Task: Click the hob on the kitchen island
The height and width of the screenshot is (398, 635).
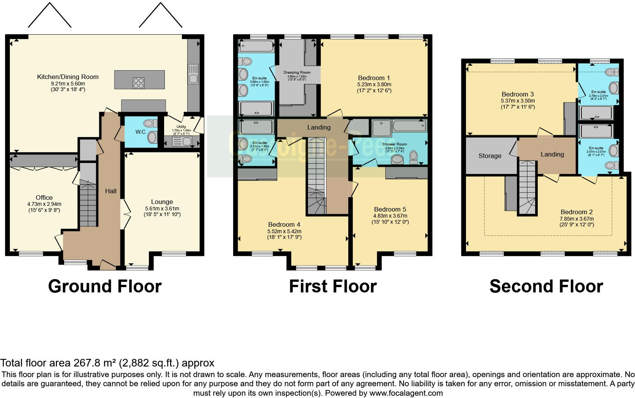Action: point(138,83)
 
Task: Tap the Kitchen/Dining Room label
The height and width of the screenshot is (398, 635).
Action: point(68,77)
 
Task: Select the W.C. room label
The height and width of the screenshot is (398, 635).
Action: point(141,132)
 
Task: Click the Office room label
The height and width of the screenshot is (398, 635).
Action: point(44,197)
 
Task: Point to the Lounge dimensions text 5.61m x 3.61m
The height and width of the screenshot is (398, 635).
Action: point(162,208)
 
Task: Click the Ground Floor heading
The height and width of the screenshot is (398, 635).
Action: point(105,286)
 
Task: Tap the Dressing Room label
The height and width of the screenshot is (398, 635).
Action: point(297,72)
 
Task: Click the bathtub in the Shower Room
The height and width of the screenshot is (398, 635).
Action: point(409,126)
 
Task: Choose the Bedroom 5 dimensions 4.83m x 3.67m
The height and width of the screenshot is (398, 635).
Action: point(390,216)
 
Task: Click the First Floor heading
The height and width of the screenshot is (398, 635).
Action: point(333,286)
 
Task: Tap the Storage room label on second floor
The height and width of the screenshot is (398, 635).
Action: point(490,156)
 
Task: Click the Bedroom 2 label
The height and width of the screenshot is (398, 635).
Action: point(577,212)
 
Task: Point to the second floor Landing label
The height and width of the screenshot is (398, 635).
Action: point(552,154)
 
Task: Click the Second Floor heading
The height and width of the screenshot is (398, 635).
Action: point(546,286)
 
